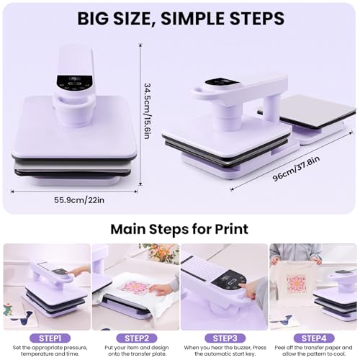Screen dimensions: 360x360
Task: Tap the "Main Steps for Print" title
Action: [179, 230]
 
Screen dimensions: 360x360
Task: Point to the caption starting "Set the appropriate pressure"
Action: [45, 351]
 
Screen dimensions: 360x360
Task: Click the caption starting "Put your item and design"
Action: [135, 351]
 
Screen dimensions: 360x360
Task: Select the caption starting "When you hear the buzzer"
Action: [225, 351]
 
